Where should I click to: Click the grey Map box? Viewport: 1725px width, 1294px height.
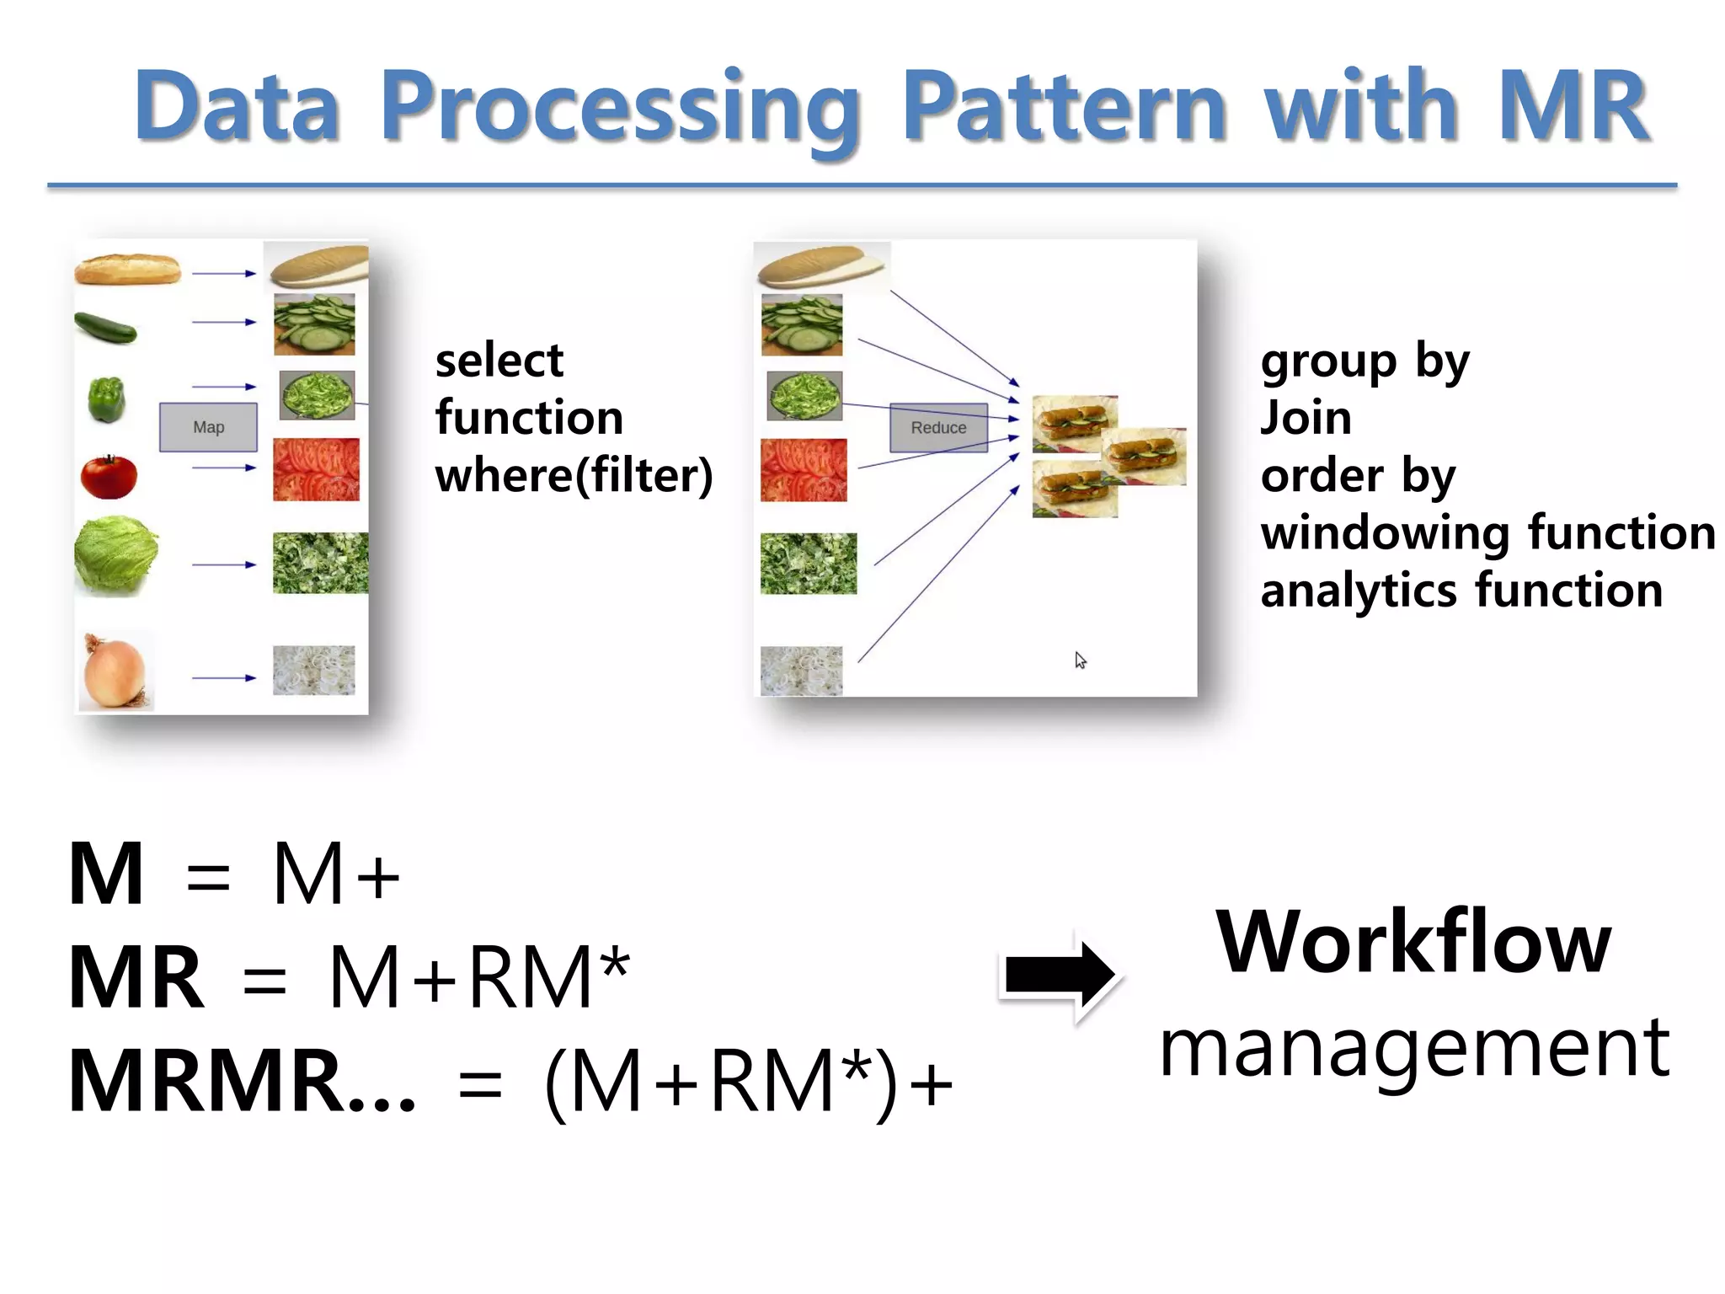tap(208, 427)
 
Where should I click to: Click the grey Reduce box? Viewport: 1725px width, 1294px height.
tap(938, 427)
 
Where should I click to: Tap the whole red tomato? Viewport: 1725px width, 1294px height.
tap(109, 476)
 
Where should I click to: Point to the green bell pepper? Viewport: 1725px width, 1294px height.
tap(107, 399)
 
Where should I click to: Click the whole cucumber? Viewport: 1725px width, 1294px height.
tap(105, 327)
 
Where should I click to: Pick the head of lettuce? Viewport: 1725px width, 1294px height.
tap(115, 555)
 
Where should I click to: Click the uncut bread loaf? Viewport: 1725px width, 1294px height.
tap(127, 270)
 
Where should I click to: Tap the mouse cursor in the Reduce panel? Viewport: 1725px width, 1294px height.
tap(1080, 660)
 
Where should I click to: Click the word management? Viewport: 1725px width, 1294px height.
tap(1413, 1049)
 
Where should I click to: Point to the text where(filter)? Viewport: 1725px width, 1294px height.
tap(574, 475)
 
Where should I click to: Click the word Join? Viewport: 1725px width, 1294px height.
tap(1306, 418)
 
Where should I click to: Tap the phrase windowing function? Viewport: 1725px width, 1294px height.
tap(1487, 532)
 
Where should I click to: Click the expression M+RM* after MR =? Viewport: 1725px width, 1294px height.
tap(478, 977)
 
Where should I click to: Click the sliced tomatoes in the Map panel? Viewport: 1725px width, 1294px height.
tap(316, 469)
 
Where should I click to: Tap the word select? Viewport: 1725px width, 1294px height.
tap(499, 361)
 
